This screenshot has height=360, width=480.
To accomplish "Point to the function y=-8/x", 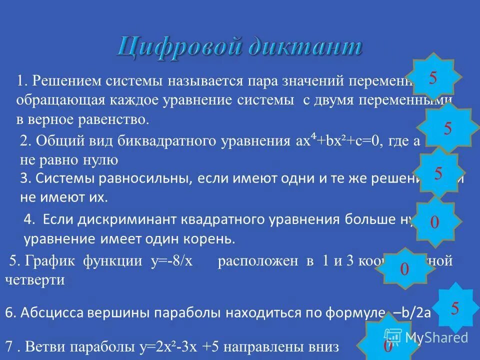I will click(x=172, y=260).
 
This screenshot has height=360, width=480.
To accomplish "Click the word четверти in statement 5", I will click(x=35, y=279).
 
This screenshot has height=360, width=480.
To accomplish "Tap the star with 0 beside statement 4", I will click(x=434, y=222).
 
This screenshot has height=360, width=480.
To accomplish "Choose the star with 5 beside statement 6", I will click(x=454, y=308).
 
